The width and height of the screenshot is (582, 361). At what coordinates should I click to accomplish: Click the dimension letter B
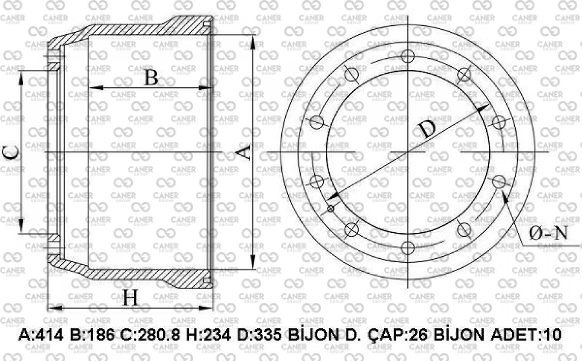point(151,78)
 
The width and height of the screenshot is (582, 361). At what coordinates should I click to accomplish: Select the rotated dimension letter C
point(11,153)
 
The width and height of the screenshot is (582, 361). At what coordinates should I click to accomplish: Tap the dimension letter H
point(130,298)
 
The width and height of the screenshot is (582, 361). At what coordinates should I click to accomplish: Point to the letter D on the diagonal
point(426,129)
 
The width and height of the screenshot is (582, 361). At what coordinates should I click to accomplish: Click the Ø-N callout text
point(548,233)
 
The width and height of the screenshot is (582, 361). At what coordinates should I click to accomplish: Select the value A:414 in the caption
point(41,335)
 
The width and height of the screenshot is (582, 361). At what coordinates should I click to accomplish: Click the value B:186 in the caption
point(92,335)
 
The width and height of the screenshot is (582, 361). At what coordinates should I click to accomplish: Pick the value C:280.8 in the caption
point(150,335)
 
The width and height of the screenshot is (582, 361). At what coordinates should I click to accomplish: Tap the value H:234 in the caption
point(208,335)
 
